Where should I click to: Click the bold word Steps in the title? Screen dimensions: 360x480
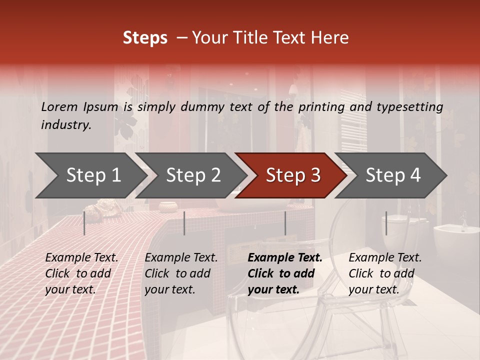click(145, 38)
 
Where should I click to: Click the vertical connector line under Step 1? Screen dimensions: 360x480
click(84, 223)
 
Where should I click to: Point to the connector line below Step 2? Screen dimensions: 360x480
click(184, 223)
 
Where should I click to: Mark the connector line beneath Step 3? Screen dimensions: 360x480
click(285, 223)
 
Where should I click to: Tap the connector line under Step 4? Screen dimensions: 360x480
click(386, 223)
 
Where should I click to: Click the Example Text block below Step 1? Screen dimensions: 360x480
click(81, 273)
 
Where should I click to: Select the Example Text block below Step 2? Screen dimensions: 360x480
click(181, 273)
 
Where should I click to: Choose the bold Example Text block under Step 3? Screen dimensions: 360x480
click(285, 273)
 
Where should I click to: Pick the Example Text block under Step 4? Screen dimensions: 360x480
click(385, 273)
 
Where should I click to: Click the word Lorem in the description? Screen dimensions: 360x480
click(59, 107)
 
